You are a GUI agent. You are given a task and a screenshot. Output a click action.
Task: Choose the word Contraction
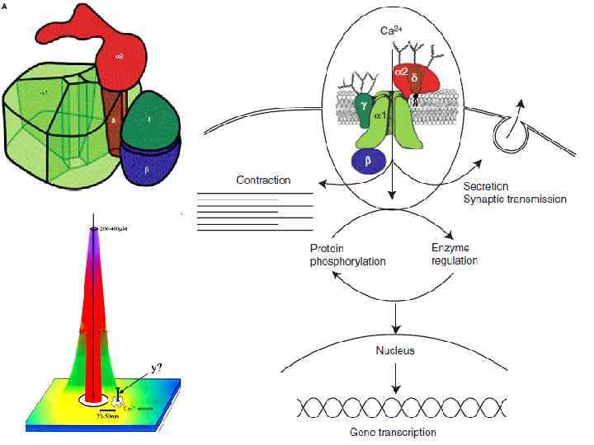tap(263, 180)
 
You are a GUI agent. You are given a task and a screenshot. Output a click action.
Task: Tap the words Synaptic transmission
tap(516, 199)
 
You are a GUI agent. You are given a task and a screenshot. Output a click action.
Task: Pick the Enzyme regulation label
tap(455, 254)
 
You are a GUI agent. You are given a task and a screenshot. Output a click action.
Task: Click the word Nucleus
tap(397, 350)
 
